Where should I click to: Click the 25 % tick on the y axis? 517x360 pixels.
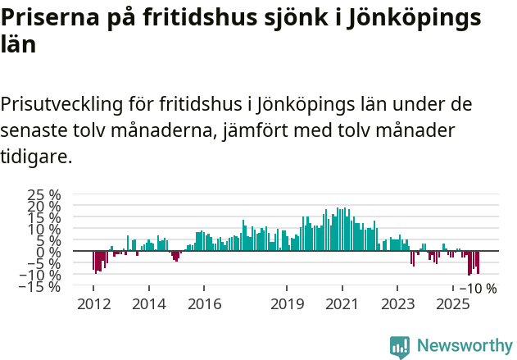click(45, 195)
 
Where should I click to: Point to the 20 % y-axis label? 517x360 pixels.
click(45, 207)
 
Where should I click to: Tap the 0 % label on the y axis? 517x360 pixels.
click(50, 252)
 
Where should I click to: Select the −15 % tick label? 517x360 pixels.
click(43, 286)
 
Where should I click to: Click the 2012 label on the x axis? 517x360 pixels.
click(93, 304)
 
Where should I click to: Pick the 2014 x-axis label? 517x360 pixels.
click(148, 304)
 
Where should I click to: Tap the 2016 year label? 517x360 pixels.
click(204, 304)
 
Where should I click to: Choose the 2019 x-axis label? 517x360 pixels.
click(287, 304)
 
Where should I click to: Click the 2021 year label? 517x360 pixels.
click(342, 304)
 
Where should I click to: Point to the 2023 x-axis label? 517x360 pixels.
click(397, 304)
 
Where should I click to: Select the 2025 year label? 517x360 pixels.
click(453, 304)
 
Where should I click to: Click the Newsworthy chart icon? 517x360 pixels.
click(400, 347)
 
